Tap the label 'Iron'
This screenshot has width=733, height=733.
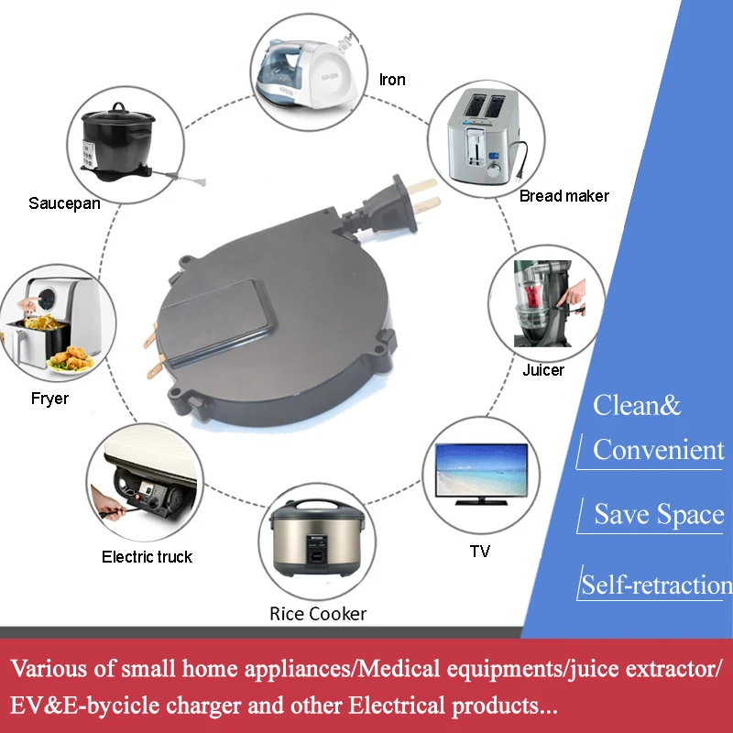(392, 80)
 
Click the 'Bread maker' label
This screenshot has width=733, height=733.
(563, 195)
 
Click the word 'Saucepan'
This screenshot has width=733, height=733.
(64, 202)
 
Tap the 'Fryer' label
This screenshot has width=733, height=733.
(49, 399)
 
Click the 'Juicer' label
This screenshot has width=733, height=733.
(543, 370)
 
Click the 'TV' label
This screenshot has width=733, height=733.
(479, 551)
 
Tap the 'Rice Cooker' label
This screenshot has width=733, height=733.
(318, 613)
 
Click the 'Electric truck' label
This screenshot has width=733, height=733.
(148, 556)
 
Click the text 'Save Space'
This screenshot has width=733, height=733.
(659, 514)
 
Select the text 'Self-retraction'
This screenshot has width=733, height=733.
(656, 585)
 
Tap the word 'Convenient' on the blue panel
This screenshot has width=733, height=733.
(658, 449)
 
